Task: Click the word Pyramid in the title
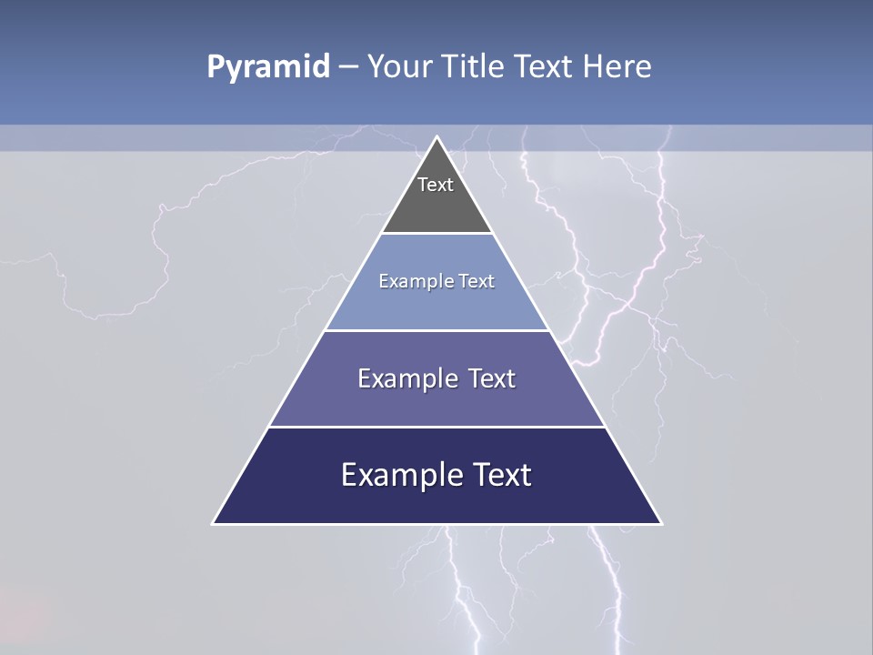coord(268,67)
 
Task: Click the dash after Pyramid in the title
coord(348,67)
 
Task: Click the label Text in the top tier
coord(436,185)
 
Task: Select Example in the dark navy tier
coord(400,475)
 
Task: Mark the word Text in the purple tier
coord(492,378)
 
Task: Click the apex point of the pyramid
coord(436,136)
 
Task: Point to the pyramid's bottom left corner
coord(213,523)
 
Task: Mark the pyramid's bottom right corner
coord(661,523)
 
